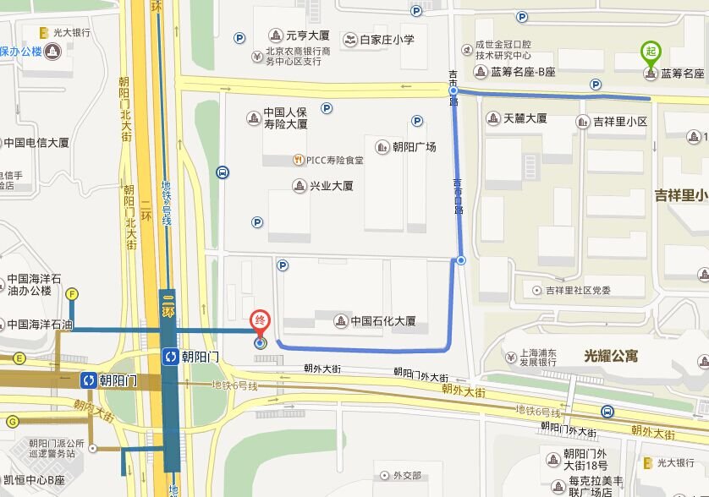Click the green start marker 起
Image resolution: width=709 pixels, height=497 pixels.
pyautogui.click(x=650, y=51)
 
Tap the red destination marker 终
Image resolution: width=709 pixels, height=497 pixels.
pyautogui.click(x=260, y=321)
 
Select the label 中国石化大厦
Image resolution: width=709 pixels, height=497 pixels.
pyautogui.click(x=383, y=321)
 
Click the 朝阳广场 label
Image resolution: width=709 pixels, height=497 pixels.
pyautogui.click(x=414, y=146)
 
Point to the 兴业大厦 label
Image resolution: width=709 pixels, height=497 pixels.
pyautogui.click(x=331, y=186)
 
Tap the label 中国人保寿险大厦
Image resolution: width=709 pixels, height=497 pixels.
pyautogui.click(x=284, y=118)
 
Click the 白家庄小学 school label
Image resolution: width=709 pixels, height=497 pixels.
pyautogui.click(x=387, y=39)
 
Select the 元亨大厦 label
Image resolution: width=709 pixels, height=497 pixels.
pyautogui.click(x=307, y=35)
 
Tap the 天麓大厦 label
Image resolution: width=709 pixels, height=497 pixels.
pyautogui.click(x=525, y=119)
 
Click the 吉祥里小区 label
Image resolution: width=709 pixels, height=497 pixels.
pyautogui.click(x=619, y=122)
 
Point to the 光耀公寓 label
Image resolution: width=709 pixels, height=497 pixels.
pyautogui.click(x=611, y=357)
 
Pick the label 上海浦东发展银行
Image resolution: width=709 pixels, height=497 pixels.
pyautogui.click(x=537, y=356)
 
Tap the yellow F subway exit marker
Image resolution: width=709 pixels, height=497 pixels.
pyautogui.click(x=72, y=294)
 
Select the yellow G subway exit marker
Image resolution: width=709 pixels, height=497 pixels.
pyautogui.click(x=12, y=421)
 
